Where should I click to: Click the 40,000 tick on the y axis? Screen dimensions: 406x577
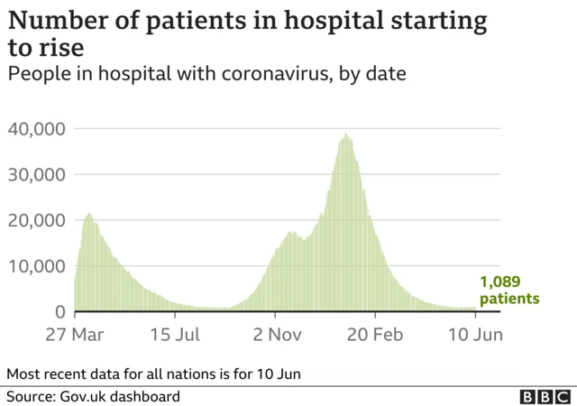(36, 129)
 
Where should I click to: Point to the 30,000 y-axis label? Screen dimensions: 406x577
(36, 175)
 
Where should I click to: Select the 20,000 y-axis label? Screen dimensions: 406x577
(36, 220)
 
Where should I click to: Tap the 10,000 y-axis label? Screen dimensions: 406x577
(36, 266)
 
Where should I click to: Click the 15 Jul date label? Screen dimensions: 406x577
(176, 335)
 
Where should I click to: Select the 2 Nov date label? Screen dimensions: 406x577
(277, 335)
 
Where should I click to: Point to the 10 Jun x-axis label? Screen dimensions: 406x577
(475, 335)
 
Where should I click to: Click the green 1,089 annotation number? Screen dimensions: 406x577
(499, 281)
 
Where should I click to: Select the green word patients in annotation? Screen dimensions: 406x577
(509, 299)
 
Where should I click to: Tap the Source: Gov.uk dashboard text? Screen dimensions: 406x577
(94, 396)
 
